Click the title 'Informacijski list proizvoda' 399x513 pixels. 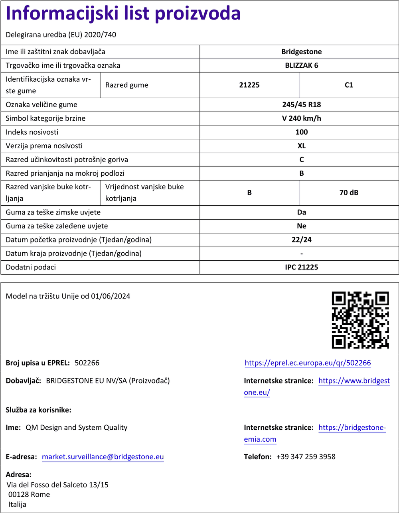[x=123, y=14]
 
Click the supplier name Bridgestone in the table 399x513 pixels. [x=301, y=52]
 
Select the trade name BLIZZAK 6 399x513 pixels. [x=301, y=65]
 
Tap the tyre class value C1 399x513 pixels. [x=349, y=85]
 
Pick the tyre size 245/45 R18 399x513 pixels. [x=301, y=105]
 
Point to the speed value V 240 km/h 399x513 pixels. [x=301, y=118]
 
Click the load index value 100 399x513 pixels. [x=301, y=132]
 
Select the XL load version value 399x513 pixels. [x=301, y=146]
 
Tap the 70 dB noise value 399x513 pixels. [x=349, y=193]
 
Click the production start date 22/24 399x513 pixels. [x=301, y=240]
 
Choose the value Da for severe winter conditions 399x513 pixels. [x=301, y=212]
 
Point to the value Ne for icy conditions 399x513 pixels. [x=301, y=226]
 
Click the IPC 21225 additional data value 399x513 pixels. [x=301, y=267]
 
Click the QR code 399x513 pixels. [x=360, y=320]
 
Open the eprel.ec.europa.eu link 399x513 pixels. [x=308, y=363]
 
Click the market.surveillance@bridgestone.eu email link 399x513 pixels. [x=103, y=457]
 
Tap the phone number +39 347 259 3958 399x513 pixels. [x=306, y=457]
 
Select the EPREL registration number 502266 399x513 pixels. [x=87, y=363]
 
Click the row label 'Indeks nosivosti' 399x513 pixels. [x=32, y=132]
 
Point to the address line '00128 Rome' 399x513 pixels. [x=29, y=495]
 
